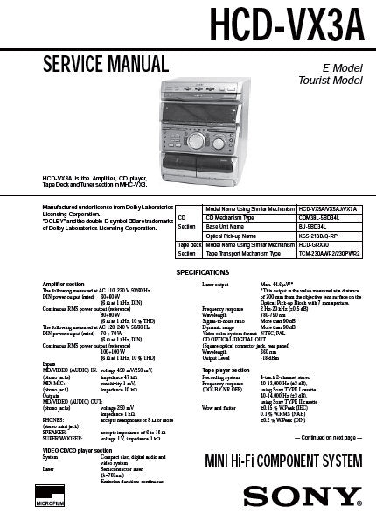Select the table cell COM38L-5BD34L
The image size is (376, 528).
tap(296, 216)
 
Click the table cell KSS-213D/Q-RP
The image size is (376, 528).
tap(296, 236)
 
